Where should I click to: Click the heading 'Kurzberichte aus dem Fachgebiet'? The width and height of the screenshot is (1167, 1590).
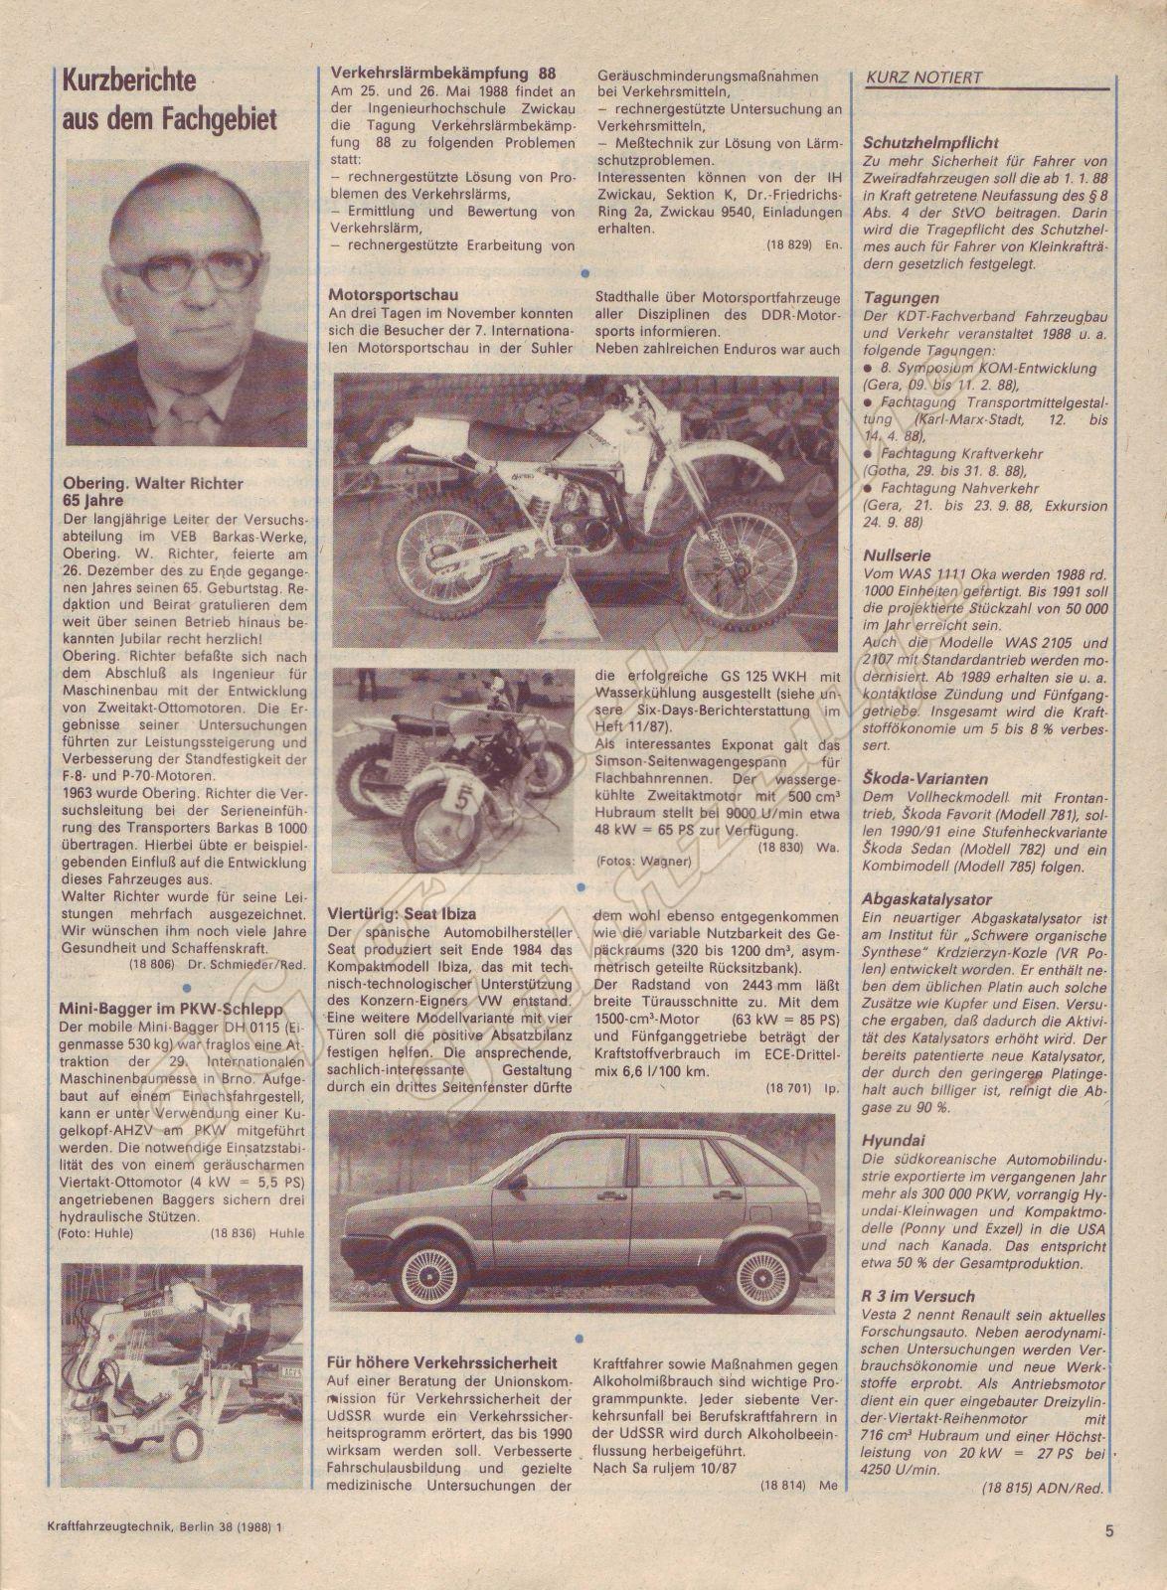point(167,100)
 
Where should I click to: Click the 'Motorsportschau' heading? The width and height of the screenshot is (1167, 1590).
point(393,294)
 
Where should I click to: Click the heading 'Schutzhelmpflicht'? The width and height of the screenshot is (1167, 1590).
point(930,143)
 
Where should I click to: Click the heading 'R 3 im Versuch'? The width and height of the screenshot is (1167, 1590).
point(918,1297)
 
